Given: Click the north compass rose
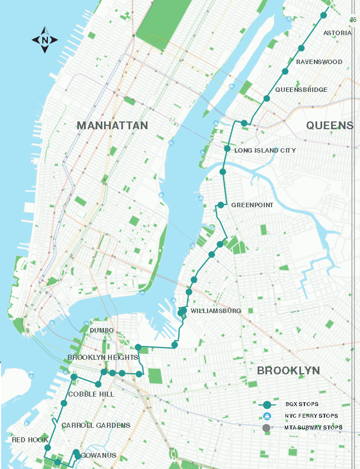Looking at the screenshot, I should pyautogui.click(x=45, y=40).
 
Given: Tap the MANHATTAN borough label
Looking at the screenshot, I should pyautogui.click(x=112, y=125).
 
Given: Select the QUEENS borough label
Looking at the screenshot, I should pyautogui.click(x=329, y=125).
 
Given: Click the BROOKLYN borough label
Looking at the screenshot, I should pyautogui.click(x=288, y=370).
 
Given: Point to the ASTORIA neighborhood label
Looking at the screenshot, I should pyautogui.click(x=338, y=33).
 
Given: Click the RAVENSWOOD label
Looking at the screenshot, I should pyautogui.click(x=319, y=62).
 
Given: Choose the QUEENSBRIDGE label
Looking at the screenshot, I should pyautogui.click(x=301, y=90).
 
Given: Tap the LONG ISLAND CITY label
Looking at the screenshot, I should pyautogui.click(x=265, y=150).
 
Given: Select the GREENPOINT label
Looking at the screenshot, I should pyautogui.click(x=252, y=205).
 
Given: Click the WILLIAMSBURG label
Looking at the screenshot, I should pyautogui.click(x=215, y=310).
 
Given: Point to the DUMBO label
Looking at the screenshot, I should pyautogui.click(x=101, y=330).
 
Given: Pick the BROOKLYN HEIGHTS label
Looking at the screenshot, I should pyautogui.click(x=102, y=357).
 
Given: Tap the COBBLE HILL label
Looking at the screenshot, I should pyautogui.click(x=91, y=394).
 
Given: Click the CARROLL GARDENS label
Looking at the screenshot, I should pyautogui.click(x=96, y=425).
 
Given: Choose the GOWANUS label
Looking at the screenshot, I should pyautogui.click(x=98, y=456).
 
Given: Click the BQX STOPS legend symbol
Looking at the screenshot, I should pyautogui.click(x=267, y=404).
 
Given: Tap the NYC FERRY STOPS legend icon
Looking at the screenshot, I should pyautogui.click(x=267, y=416).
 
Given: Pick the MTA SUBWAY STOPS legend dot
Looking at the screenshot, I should pyautogui.click(x=267, y=428).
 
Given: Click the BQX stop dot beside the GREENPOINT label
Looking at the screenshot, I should pyautogui.click(x=221, y=205).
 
